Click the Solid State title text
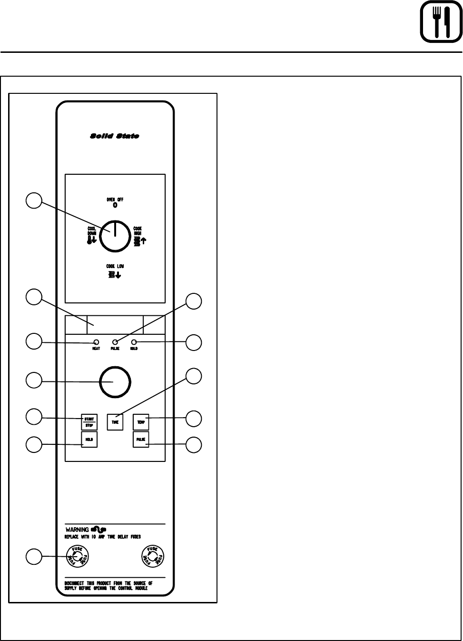click(x=115, y=136)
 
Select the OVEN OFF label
click(x=115, y=200)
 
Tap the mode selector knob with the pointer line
click(x=115, y=235)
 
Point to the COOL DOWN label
click(x=92, y=231)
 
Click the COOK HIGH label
click(x=138, y=231)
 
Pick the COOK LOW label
click(x=115, y=267)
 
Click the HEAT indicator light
click(x=96, y=342)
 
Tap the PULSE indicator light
click(x=115, y=342)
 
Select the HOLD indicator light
click(x=134, y=342)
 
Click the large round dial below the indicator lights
click(x=115, y=382)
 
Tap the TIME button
click(x=115, y=422)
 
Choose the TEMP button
click(x=141, y=422)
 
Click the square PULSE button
click(x=141, y=440)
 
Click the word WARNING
click(x=77, y=530)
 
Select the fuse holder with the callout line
click(x=78, y=556)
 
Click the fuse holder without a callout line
click(x=152, y=556)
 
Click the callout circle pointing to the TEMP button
click(x=194, y=419)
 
